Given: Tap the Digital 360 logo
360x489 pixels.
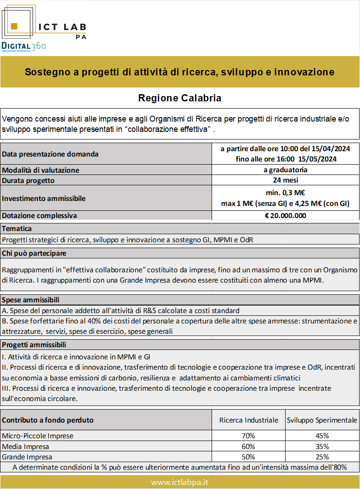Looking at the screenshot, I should tap(23, 46).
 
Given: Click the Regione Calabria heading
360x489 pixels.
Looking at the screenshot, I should tap(180, 98).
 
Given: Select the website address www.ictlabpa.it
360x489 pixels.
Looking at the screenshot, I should tap(180, 482).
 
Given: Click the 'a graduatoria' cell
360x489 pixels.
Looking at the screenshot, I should tap(285, 170).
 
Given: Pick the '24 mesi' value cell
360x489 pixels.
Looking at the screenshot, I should tap(285, 180).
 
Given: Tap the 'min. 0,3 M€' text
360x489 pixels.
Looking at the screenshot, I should tap(285, 193).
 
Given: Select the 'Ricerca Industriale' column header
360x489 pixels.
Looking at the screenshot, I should tap(248, 420).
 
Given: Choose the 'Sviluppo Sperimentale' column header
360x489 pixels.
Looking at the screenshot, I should tap(322, 420).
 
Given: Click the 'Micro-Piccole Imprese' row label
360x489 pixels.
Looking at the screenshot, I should tap(38, 436).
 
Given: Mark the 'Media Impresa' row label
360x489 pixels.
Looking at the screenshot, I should tap(26, 446).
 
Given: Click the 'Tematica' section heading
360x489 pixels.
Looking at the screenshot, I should tap(17, 229).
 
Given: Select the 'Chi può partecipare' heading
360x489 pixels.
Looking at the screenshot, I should tap(34, 253).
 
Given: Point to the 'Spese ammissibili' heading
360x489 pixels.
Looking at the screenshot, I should tap(31, 300).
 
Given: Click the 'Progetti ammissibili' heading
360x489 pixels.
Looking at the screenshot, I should tap(34, 345).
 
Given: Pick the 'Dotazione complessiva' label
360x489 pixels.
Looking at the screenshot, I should tap(39, 215).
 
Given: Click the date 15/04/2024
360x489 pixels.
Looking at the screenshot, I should tap(332, 149).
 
